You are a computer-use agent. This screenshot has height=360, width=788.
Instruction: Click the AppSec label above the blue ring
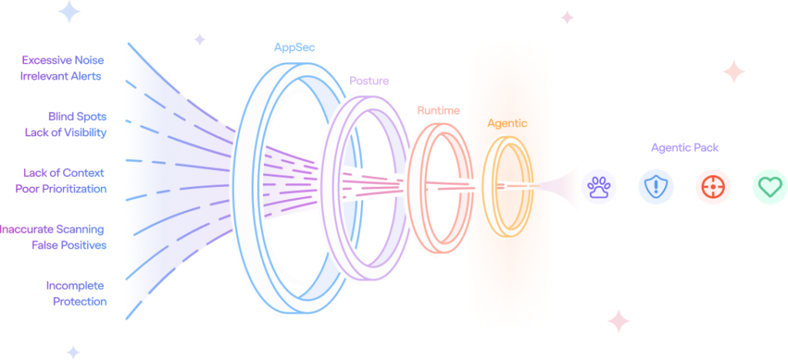[295, 48]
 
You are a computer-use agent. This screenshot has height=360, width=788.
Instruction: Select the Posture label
[369, 81]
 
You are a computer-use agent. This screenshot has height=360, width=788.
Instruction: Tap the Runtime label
[438, 111]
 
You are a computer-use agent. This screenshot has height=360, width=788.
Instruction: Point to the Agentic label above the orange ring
[507, 124]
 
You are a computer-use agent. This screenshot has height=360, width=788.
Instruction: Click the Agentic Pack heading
[685, 148]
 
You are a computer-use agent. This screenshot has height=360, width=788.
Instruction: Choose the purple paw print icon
[599, 187]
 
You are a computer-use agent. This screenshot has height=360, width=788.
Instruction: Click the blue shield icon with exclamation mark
[656, 187]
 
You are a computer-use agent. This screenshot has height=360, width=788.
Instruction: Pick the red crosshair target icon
[713, 187]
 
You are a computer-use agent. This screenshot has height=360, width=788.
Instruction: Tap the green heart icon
[770, 187]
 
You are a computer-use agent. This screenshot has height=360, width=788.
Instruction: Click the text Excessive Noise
[63, 60]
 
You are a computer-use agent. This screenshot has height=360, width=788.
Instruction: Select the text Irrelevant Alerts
[61, 76]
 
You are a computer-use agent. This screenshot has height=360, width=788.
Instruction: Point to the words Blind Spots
[78, 116]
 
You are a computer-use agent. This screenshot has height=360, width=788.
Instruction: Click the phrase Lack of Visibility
[66, 132]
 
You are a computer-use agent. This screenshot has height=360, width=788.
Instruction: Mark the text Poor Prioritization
[61, 188]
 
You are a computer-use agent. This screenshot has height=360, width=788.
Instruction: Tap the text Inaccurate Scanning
[52, 229]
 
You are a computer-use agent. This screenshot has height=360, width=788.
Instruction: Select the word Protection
[80, 302]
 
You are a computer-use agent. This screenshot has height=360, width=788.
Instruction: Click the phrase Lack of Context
[64, 173]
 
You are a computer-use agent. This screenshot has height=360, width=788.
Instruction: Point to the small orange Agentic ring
[484, 186]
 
